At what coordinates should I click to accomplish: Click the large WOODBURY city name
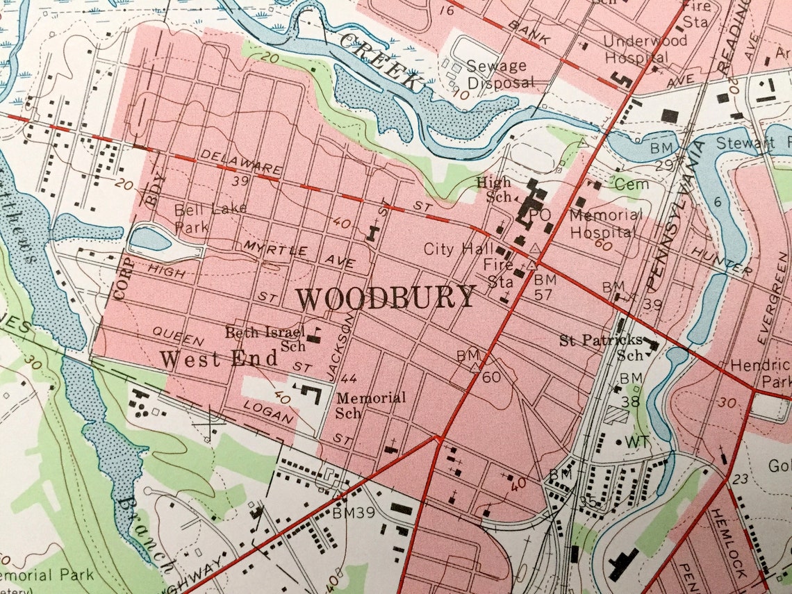click(x=386, y=298)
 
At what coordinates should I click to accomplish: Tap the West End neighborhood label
click(x=219, y=359)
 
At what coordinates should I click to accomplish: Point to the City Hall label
click(x=459, y=249)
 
